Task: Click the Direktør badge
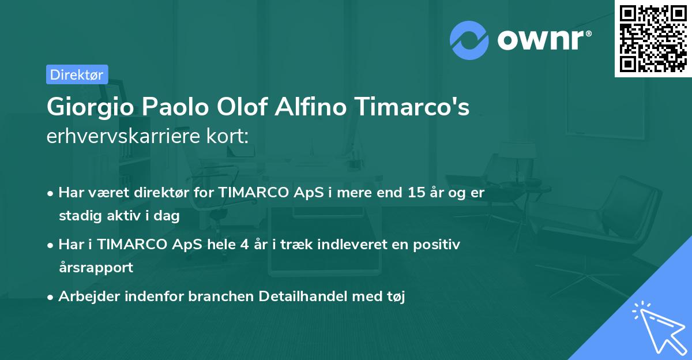click(77, 74)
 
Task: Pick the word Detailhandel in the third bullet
click(296, 297)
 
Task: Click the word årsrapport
click(96, 267)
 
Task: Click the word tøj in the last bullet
click(396, 297)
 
